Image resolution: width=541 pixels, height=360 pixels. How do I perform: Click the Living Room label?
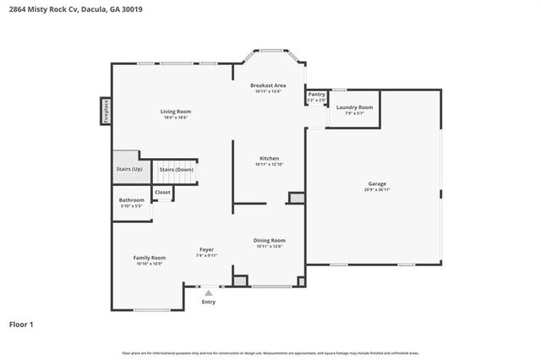(176, 112)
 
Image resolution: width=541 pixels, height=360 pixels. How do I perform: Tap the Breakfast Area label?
(267, 85)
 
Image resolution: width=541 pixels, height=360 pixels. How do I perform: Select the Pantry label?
(316, 95)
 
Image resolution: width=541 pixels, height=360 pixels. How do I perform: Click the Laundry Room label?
(354, 107)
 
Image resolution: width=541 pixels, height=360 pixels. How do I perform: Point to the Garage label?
(377, 183)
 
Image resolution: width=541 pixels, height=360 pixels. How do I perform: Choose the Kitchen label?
(269, 159)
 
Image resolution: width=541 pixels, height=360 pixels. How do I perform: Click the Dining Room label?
(269, 240)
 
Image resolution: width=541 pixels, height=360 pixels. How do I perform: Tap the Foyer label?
(206, 249)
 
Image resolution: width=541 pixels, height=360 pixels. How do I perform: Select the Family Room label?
(149, 257)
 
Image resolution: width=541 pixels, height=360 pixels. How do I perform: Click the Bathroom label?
(131, 200)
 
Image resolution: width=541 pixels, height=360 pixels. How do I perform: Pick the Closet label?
(162, 193)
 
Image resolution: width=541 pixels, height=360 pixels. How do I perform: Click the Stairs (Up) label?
(129, 169)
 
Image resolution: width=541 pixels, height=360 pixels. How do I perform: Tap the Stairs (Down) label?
(177, 169)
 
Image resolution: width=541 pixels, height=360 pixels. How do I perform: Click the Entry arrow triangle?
(208, 292)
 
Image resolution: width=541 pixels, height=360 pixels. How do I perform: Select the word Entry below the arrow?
(208, 302)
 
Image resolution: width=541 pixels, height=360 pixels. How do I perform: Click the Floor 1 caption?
(22, 324)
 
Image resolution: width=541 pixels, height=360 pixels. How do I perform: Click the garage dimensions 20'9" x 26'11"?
(377, 189)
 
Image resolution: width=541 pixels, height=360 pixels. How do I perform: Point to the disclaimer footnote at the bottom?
(270, 352)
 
